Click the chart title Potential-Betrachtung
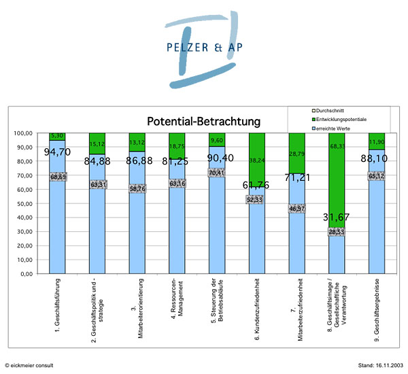(204, 122)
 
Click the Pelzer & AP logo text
(203, 48)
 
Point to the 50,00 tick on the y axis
(23, 203)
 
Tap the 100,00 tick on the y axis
(22, 133)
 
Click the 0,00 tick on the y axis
(25, 274)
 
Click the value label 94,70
(57, 152)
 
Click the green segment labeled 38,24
(256, 160)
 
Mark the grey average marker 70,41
(216, 173)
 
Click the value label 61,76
(256, 185)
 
